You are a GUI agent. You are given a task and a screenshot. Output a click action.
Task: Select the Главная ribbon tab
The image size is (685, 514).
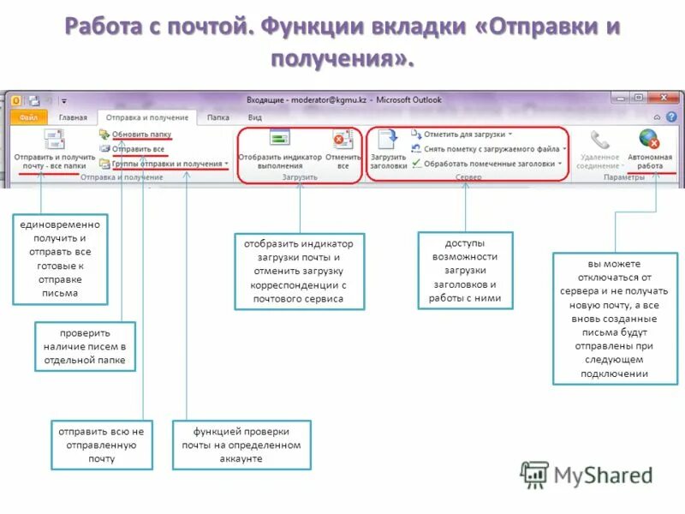(x=72, y=117)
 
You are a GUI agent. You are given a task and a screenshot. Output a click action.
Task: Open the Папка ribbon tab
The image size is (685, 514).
(x=218, y=117)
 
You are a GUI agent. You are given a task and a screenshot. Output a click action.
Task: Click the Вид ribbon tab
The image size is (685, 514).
(x=255, y=117)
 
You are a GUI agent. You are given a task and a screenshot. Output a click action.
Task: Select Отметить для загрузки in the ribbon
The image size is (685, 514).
(x=462, y=134)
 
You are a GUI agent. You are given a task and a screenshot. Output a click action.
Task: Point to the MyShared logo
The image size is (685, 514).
(x=587, y=474)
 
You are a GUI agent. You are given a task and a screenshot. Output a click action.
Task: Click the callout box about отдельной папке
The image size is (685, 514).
(x=84, y=346)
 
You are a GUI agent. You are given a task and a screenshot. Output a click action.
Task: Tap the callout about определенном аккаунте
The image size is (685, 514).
(x=241, y=445)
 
